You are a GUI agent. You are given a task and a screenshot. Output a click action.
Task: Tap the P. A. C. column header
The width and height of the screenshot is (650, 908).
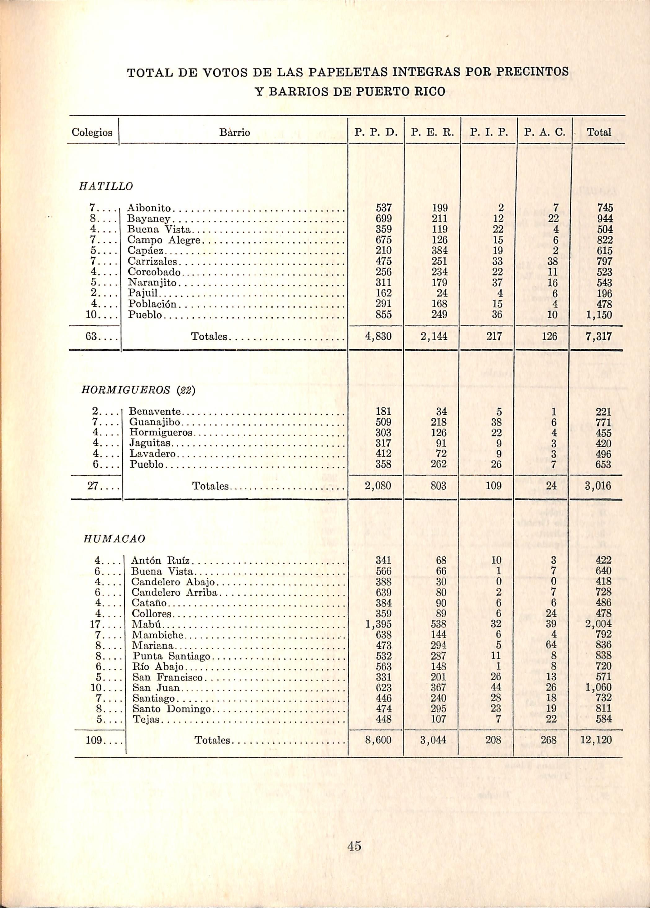[545, 132]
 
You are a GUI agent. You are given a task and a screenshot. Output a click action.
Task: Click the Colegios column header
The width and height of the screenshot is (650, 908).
[92, 132]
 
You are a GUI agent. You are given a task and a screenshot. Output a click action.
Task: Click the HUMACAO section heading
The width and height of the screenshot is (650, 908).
[114, 539]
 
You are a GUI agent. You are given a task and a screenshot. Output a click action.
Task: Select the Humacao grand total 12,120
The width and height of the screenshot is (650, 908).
[596, 740]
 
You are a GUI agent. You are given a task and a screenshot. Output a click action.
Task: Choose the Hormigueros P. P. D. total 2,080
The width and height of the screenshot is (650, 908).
[378, 486]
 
